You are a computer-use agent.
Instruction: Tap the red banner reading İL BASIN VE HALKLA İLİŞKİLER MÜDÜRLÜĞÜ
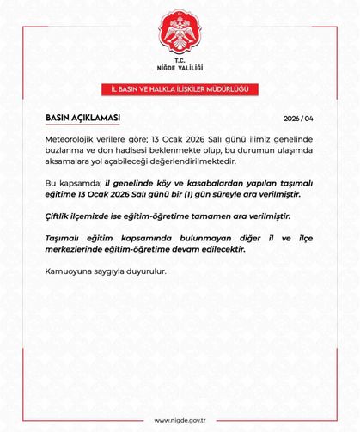tap(180, 89)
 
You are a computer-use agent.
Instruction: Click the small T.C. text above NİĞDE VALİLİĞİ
tap(180, 62)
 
